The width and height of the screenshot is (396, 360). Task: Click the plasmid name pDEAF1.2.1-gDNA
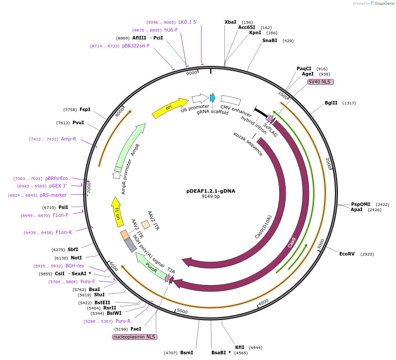(x=211, y=191)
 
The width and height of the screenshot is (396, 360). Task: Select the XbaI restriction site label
(x=230, y=22)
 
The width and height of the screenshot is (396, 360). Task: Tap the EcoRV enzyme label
(x=347, y=254)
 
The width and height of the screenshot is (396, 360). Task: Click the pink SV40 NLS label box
(x=320, y=82)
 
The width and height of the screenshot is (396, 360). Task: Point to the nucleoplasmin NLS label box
(x=134, y=337)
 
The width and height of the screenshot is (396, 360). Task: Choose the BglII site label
(x=331, y=103)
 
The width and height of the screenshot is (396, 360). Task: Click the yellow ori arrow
(x=170, y=108)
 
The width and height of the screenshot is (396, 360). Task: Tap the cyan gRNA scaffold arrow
(x=213, y=97)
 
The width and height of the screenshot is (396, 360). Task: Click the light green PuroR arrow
(x=152, y=265)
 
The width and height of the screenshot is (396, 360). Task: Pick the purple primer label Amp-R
(x=69, y=139)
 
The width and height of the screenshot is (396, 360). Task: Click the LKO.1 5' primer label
(x=188, y=22)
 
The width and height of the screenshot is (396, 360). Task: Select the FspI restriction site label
(x=85, y=110)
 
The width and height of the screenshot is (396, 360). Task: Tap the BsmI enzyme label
(x=186, y=353)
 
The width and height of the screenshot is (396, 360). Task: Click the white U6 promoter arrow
(x=200, y=98)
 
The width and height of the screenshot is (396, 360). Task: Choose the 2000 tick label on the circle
(x=328, y=163)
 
